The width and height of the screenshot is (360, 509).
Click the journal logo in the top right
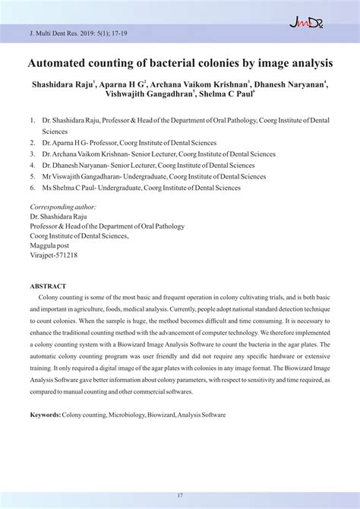pos(306,24)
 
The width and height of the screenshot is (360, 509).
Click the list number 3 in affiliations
pos(33,153)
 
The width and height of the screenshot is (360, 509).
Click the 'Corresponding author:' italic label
pos(62,207)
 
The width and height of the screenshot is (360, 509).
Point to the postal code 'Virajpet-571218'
pos(53,255)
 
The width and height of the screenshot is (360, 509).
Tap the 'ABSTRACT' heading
pos(48,286)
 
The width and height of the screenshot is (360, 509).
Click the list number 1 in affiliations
pos(33,120)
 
